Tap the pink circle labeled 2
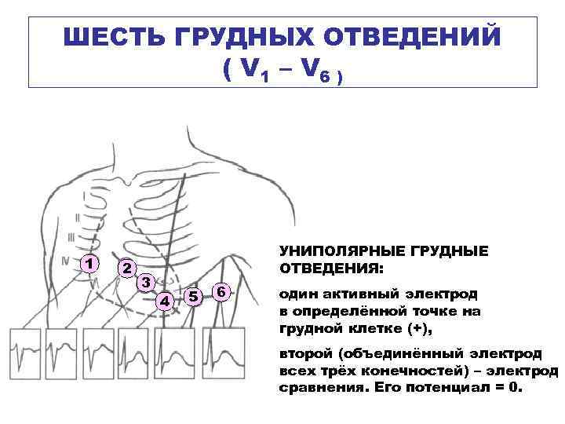(125, 267)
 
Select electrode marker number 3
(144, 283)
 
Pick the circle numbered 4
(165, 299)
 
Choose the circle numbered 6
(222, 292)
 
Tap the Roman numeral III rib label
(72, 237)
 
